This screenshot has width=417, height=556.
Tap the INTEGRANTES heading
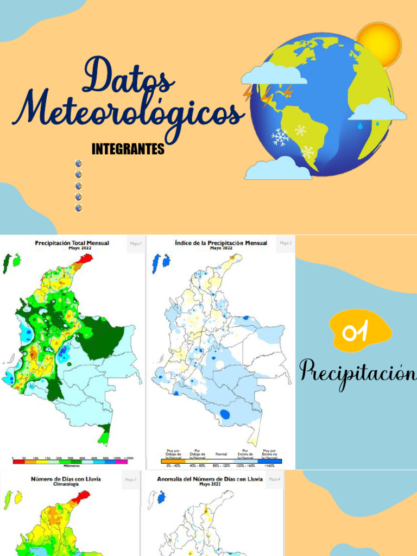coord(128,149)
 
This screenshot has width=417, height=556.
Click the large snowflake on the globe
coord(280,137)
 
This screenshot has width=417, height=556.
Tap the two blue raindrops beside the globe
coord(369,125)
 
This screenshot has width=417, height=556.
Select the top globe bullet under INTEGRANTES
coord(78,163)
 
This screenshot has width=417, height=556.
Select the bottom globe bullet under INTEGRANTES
coord(78,208)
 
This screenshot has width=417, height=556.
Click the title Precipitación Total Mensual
coord(72,243)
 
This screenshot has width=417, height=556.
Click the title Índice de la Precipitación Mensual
coord(221,243)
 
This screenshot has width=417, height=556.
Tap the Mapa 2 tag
coord(286,243)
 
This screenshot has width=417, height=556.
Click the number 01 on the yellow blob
coord(356,331)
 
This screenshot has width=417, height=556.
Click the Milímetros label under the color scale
coord(72,465)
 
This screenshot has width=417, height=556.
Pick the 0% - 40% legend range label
coord(172,465)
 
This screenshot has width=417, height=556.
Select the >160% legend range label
coord(270,465)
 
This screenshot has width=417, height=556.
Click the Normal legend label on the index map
coord(221,453)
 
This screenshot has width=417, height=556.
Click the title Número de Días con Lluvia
coord(65,479)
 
